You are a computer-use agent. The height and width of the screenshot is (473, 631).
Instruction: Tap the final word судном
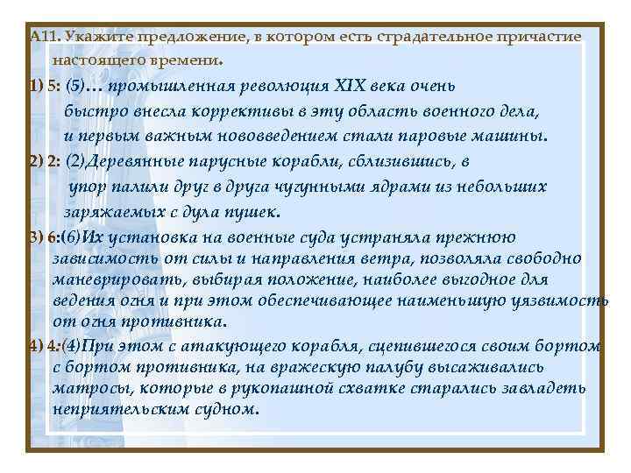tap(230, 409)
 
